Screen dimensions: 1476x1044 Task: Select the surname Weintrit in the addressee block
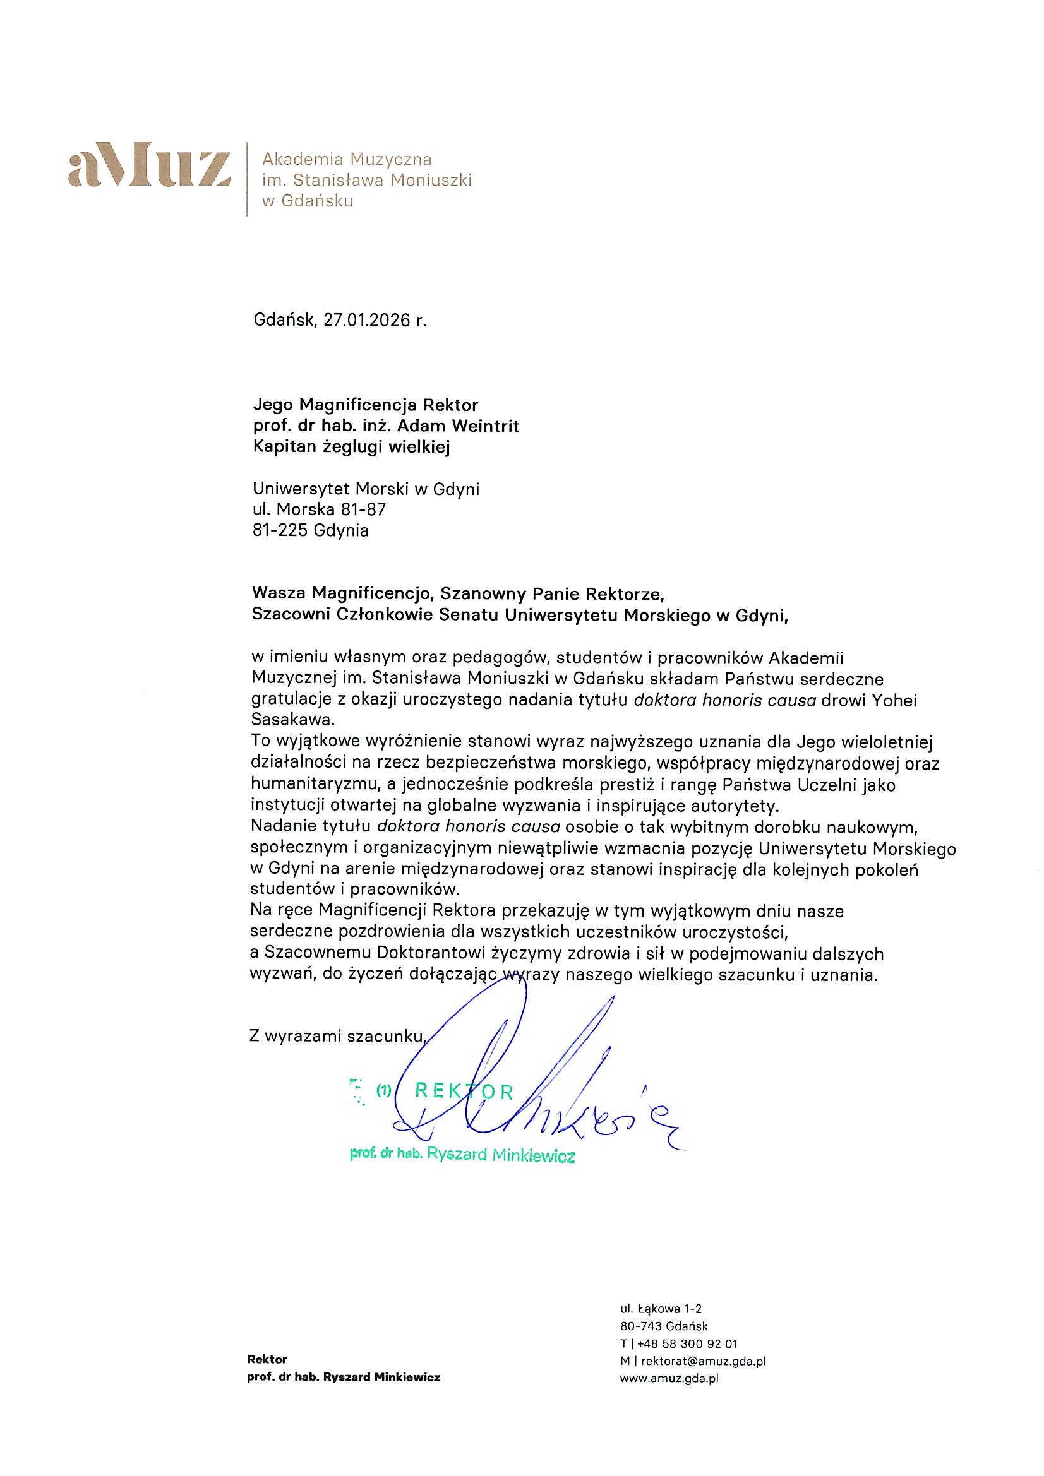[x=486, y=426]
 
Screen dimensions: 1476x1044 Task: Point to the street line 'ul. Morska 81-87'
[x=319, y=510]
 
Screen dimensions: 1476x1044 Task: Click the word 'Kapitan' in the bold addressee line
[x=282, y=447]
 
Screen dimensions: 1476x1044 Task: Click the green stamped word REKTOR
[x=464, y=1091]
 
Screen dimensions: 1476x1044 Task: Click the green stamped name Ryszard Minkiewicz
[x=500, y=1155]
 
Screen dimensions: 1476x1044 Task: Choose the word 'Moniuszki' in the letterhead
[x=431, y=180]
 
